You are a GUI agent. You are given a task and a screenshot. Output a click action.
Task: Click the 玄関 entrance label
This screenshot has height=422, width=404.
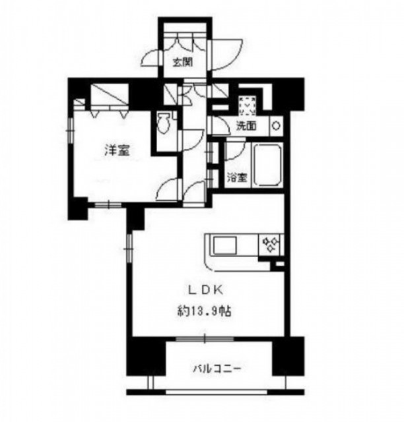[x=182, y=62]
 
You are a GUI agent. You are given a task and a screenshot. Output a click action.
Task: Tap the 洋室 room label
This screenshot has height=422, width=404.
[x=117, y=150]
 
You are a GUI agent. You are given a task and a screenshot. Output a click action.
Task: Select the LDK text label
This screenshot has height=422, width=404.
[x=206, y=290]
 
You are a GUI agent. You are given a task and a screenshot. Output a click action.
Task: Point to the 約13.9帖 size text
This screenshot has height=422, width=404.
[x=204, y=311]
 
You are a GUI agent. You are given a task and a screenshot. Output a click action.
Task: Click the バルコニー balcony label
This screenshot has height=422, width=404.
[x=217, y=369]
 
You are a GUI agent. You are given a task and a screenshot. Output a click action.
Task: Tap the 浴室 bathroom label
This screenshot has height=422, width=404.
[x=237, y=177]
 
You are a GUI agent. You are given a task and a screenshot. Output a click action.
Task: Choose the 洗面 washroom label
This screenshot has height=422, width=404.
[x=246, y=126]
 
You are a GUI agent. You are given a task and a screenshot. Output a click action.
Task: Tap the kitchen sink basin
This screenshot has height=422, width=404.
[x=225, y=245]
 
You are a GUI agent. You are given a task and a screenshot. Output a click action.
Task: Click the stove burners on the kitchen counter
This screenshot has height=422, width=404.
[x=270, y=245]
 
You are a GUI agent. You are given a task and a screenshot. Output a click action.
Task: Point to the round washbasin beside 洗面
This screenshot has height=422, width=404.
[x=276, y=126]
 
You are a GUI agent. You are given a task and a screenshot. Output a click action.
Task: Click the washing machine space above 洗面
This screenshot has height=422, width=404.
[x=247, y=105]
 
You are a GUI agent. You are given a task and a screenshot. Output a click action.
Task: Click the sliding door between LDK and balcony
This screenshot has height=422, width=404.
[x=205, y=338]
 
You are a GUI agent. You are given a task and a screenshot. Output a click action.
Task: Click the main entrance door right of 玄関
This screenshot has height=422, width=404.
[x=226, y=55]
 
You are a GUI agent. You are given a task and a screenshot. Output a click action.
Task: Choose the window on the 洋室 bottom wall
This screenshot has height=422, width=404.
[x=108, y=205]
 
